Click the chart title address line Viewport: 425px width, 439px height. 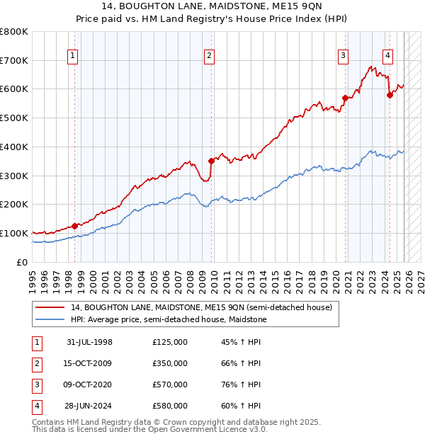pyautogui.click(x=212, y=6)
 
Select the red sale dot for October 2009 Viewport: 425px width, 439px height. pyautogui.click(x=211, y=161)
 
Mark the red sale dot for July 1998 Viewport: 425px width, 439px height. pyautogui.click(x=75, y=226)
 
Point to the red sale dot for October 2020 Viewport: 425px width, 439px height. pyautogui.click(x=345, y=98)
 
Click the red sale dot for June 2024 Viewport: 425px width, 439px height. pyautogui.click(x=390, y=95)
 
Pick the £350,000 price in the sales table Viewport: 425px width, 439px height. pyautogui.click(x=170, y=363)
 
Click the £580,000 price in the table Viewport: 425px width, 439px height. pyautogui.click(x=170, y=406)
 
